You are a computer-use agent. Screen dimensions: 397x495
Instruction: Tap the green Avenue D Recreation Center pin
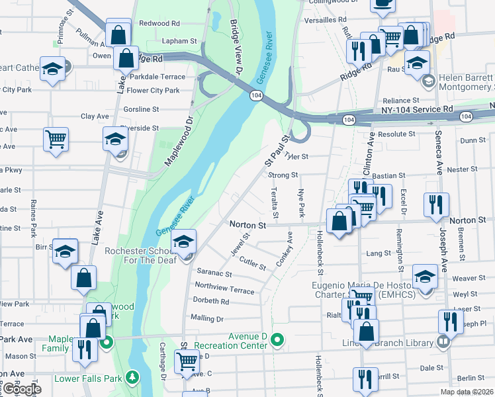click(x=278, y=341)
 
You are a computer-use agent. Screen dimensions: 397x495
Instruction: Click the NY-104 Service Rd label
click(x=418, y=109)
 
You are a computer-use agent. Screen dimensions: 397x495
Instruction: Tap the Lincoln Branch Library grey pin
click(x=443, y=342)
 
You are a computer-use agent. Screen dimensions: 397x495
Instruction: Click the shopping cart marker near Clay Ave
click(x=56, y=140)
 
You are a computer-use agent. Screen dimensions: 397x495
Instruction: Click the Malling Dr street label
click(x=206, y=318)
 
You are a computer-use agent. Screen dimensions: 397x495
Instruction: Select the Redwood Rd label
click(x=150, y=23)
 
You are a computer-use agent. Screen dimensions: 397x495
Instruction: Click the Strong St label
click(x=283, y=175)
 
